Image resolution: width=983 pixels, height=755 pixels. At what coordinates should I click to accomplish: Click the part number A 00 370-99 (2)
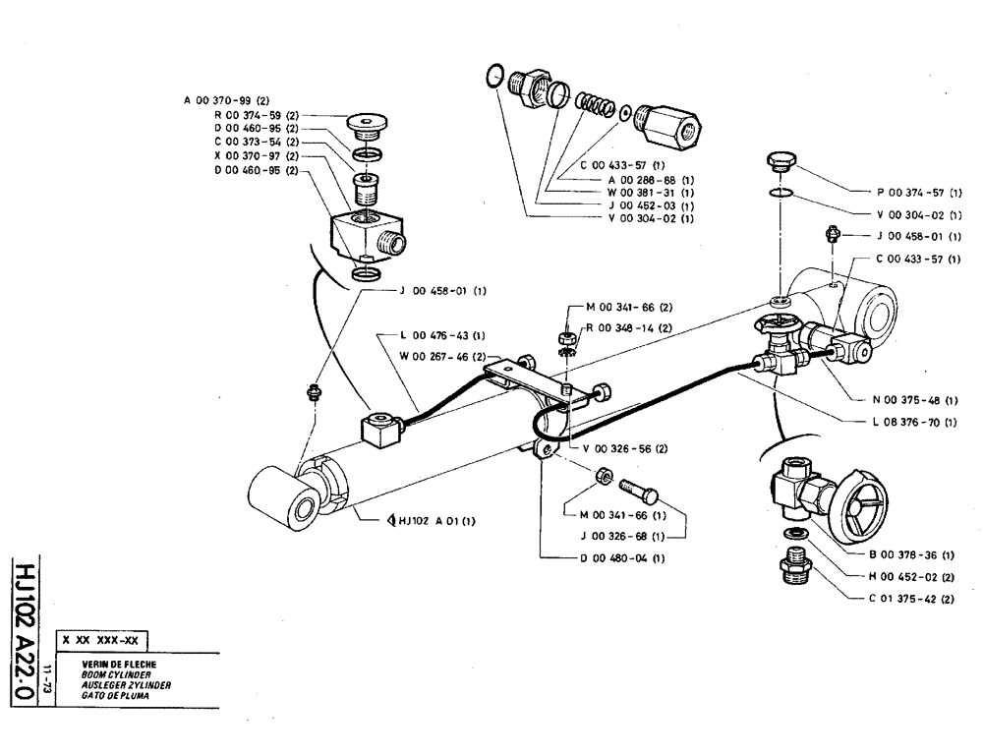tap(232, 100)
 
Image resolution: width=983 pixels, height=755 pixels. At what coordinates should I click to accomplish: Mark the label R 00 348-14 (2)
tap(629, 327)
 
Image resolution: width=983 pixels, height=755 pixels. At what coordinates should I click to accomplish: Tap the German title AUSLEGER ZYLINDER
tap(114, 684)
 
